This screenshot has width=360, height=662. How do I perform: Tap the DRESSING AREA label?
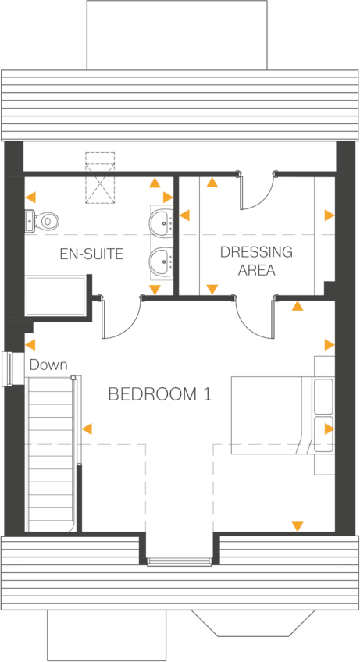click(x=244, y=262)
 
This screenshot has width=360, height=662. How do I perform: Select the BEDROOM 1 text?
click(x=159, y=394)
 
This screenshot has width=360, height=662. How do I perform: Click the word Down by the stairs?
click(x=48, y=365)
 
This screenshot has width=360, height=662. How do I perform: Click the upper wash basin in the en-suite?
click(x=162, y=222)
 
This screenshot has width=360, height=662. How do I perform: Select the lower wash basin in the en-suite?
click(x=162, y=262)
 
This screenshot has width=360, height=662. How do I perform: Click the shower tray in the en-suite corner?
click(x=57, y=295)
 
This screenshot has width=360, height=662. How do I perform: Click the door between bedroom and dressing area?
click(x=254, y=316)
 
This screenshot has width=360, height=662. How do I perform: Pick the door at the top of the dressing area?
click(x=256, y=193)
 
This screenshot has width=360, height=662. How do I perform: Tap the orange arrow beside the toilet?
click(x=30, y=197)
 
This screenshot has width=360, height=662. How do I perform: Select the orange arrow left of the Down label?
click(x=30, y=344)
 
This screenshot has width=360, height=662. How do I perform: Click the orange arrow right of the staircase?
click(x=87, y=428)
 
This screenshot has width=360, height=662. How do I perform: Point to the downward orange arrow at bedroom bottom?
click(x=297, y=527)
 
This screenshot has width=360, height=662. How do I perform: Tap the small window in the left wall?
click(x=12, y=368)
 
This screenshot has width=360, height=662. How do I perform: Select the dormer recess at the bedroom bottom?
click(x=179, y=539)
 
